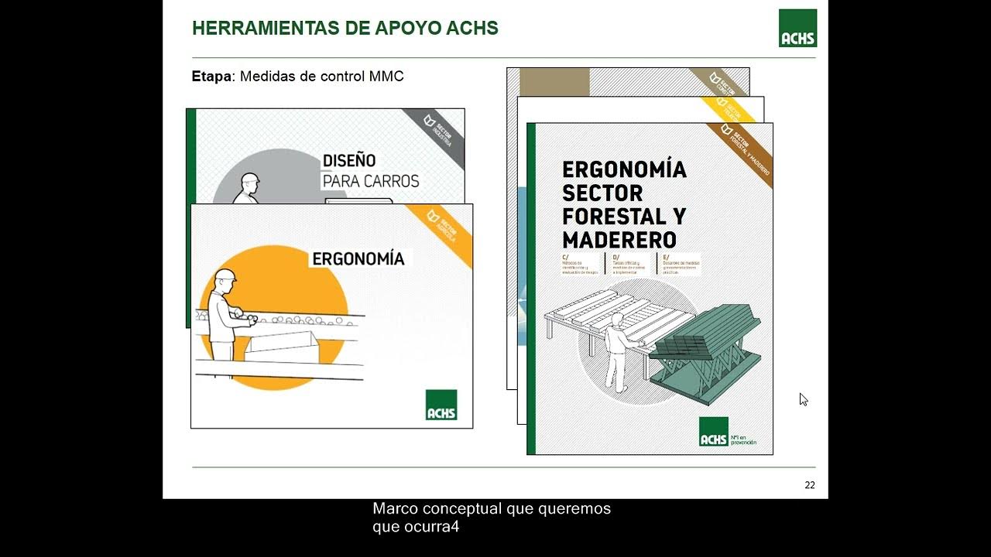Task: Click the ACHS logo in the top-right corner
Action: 797,28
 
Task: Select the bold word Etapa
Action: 211,77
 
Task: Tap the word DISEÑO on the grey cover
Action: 349,161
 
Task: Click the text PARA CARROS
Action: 370,182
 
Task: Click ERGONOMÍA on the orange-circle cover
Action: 358,258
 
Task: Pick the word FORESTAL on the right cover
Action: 624,215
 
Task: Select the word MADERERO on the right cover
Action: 619,239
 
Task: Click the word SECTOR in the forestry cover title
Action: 602,192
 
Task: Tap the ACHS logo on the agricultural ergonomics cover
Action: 441,405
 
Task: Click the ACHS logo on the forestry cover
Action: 713,432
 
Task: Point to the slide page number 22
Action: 810,485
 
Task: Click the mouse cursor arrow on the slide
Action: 803,399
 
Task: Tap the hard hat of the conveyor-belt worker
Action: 225,275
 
